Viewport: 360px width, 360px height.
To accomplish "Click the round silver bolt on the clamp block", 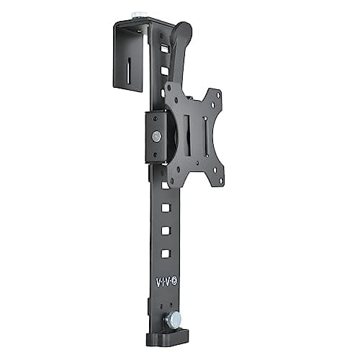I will tap(156, 135).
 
